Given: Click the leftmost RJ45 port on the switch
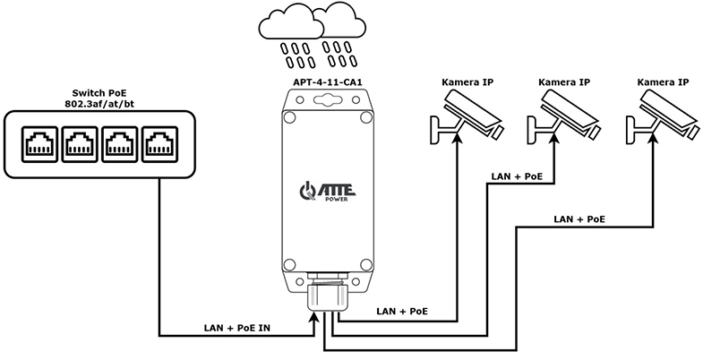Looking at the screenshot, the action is (40, 144).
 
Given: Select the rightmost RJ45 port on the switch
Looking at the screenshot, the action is (160, 144).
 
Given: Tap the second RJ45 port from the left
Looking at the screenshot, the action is (80, 144).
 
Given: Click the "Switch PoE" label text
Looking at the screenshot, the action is (99, 94).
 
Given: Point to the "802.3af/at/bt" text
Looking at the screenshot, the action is (99, 105).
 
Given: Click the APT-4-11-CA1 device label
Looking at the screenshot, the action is (327, 82).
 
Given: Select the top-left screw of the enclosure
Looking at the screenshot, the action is (289, 117).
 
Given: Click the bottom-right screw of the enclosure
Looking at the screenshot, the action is (366, 264).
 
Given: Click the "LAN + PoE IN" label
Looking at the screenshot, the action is (237, 328).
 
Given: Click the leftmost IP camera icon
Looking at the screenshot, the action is (467, 116).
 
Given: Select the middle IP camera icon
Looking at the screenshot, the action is (563, 116).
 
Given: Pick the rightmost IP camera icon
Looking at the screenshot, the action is (663, 116).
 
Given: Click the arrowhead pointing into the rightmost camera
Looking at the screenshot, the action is (653, 138).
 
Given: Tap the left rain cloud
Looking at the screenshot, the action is (292, 26).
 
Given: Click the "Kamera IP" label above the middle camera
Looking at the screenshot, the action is (564, 82).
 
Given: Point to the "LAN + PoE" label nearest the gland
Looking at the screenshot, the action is (402, 311).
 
